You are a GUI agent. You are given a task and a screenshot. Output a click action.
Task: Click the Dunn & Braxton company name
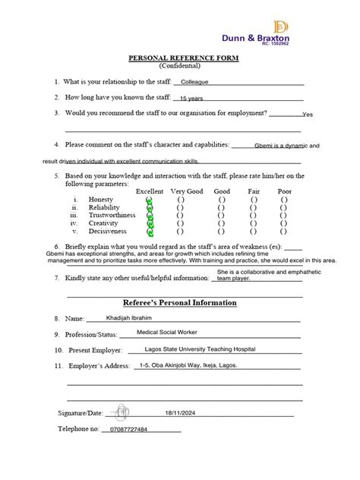click(x=255, y=37)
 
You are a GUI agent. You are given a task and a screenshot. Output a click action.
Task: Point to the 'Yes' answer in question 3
click(x=307, y=115)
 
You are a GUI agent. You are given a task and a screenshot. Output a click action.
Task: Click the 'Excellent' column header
click(x=150, y=191)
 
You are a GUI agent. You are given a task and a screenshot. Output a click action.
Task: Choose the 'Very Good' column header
click(x=187, y=191)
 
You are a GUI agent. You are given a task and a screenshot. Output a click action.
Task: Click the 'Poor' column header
click(x=284, y=191)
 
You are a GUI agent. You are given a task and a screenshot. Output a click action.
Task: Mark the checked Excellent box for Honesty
click(x=150, y=200)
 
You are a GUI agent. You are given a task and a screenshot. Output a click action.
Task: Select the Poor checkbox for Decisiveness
click(x=284, y=232)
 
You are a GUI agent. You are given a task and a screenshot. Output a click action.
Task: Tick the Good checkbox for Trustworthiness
click(x=222, y=216)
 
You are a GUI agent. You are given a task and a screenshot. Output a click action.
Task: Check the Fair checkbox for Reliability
click(x=253, y=207)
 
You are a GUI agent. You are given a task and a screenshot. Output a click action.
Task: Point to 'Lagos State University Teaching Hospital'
click(x=200, y=349)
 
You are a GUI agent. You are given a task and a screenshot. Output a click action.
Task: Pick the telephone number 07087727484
click(x=128, y=430)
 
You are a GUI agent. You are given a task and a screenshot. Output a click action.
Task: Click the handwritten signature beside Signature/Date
click(x=119, y=413)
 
